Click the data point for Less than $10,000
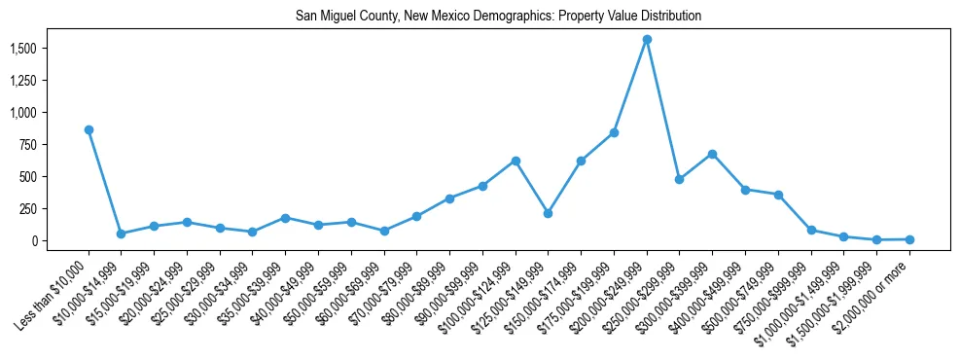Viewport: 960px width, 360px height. [x=89, y=129]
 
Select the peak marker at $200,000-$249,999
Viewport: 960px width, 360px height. [x=647, y=40]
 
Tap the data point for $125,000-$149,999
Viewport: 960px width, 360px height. [x=549, y=213]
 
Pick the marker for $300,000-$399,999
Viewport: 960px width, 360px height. [x=712, y=154]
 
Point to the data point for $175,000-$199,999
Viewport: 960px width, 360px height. [x=614, y=132]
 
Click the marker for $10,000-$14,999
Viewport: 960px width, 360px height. [x=121, y=234]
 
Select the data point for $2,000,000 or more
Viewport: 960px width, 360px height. [x=909, y=239]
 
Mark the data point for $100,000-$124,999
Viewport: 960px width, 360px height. [x=516, y=161]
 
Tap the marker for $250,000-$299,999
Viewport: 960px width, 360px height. [x=679, y=179]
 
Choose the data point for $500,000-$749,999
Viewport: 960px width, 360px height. [x=778, y=195]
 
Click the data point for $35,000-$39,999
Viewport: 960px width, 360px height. [x=285, y=218]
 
